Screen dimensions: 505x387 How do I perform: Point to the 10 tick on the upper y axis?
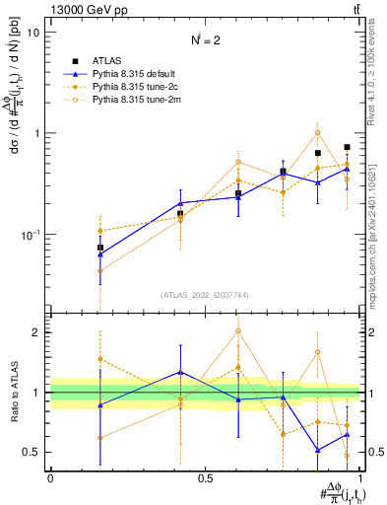(x=32, y=33)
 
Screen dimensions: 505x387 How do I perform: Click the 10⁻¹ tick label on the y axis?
(x=30, y=235)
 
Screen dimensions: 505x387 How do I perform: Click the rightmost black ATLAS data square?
(x=347, y=147)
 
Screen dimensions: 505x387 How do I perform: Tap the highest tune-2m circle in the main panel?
(x=317, y=132)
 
